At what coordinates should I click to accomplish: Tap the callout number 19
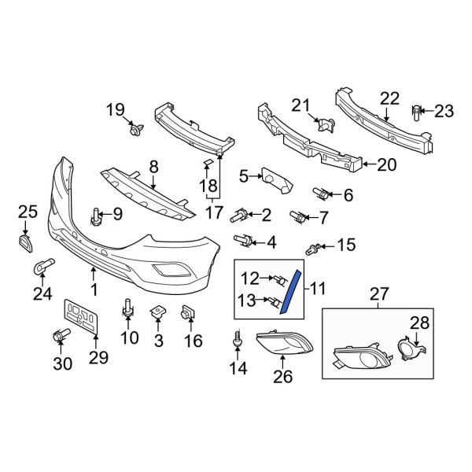pyautogui.click(x=116, y=109)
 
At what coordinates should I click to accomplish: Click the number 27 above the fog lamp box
pyautogui.click(x=379, y=294)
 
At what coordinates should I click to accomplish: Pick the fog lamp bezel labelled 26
pyautogui.click(x=284, y=344)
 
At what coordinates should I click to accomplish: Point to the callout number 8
pyautogui.click(x=153, y=167)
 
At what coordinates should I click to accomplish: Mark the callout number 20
pyautogui.click(x=387, y=165)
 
